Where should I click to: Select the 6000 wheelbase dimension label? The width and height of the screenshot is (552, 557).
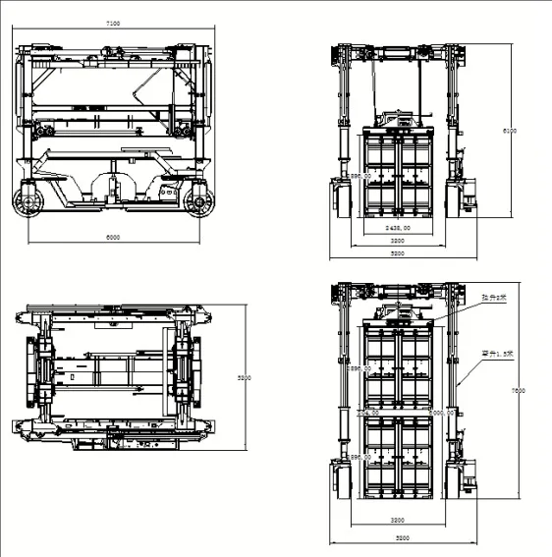point(113,237)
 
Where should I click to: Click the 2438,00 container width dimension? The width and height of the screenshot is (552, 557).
point(398,227)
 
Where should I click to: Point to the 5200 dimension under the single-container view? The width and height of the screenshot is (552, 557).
point(397,253)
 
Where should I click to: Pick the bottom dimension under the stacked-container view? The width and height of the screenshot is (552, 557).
point(397,538)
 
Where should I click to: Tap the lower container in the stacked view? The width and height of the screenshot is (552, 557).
point(398,458)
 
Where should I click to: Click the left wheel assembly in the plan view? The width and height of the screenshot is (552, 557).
point(44,372)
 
